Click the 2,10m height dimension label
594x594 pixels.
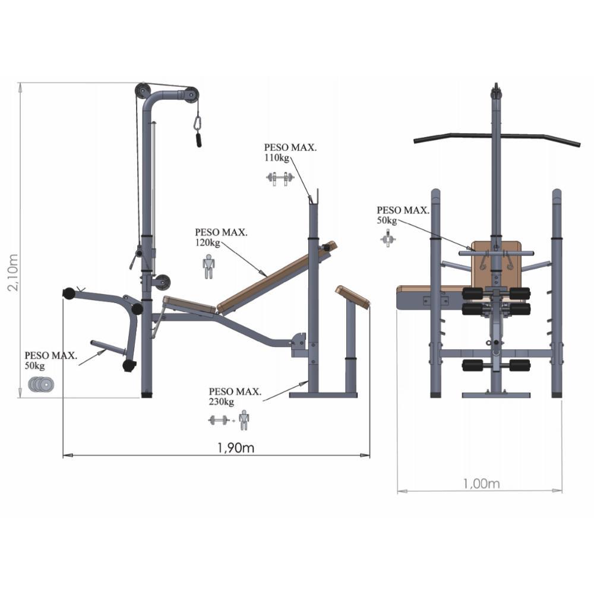point(13,273)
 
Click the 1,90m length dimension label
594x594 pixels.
point(236,448)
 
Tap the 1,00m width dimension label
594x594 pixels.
point(481,484)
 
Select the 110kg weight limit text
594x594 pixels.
point(277,157)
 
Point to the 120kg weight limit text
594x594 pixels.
point(207,242)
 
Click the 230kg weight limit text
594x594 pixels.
point(221,402)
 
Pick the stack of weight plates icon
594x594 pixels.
point(41,384)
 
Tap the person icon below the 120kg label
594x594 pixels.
point(208,267)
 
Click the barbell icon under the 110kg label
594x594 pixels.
point(280,178)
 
